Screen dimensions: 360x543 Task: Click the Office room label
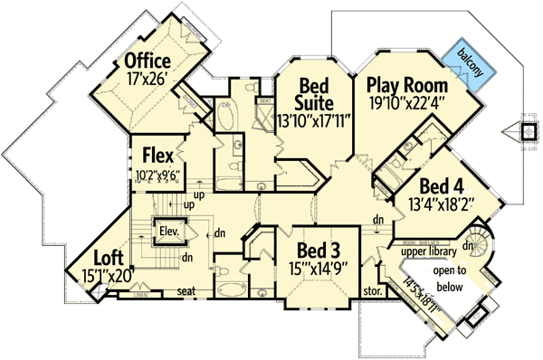(x=148, y=62)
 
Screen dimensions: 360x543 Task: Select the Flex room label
(x=157, y=147)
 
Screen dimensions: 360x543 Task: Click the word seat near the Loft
(x=187, y=291)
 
